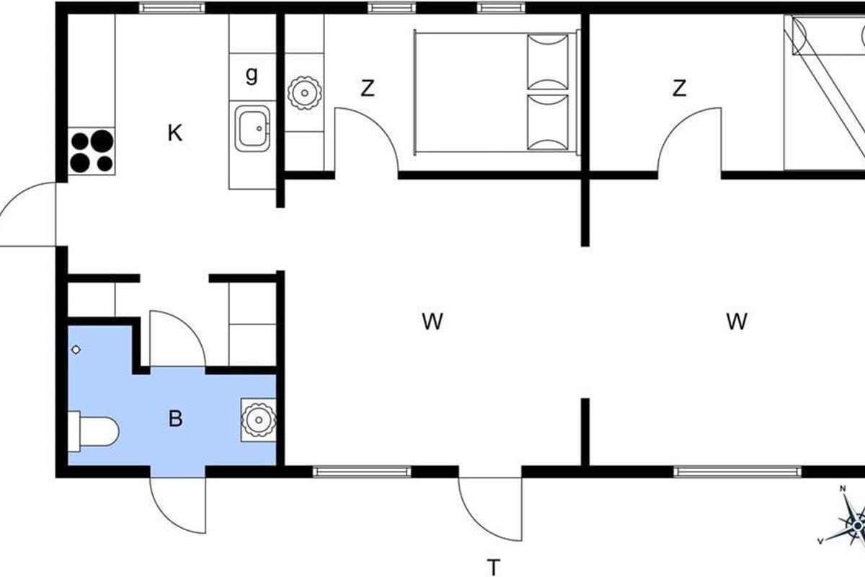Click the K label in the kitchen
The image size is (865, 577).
pos(175,133)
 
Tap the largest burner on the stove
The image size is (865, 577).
pos(102,141)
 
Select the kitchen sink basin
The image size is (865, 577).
pos(252,128)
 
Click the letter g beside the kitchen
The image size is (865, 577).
pos(252,75)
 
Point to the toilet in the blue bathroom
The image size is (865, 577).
pos(93,431)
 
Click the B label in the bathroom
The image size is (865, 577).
pos(175,418)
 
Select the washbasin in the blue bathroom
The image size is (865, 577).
pos(258,420)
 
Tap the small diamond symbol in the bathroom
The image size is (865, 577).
pos(76,350)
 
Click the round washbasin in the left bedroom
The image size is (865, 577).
pos(305,93)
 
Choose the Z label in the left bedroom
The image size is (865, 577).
pos(368,88)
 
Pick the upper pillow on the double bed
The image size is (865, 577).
pos(548,62)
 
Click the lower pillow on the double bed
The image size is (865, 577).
pos(548,123)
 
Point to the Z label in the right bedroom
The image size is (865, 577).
pos(679,88)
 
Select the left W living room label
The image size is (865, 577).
pos(432,322)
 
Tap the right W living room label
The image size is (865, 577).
pos(737,322)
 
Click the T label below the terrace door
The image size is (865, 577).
pos(494,568)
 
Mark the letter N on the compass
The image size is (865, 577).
pos(843,489)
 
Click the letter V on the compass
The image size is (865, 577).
pos(820,542)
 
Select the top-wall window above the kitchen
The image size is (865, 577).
pos(172,8)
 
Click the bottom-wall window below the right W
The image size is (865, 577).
pos(737,472)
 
